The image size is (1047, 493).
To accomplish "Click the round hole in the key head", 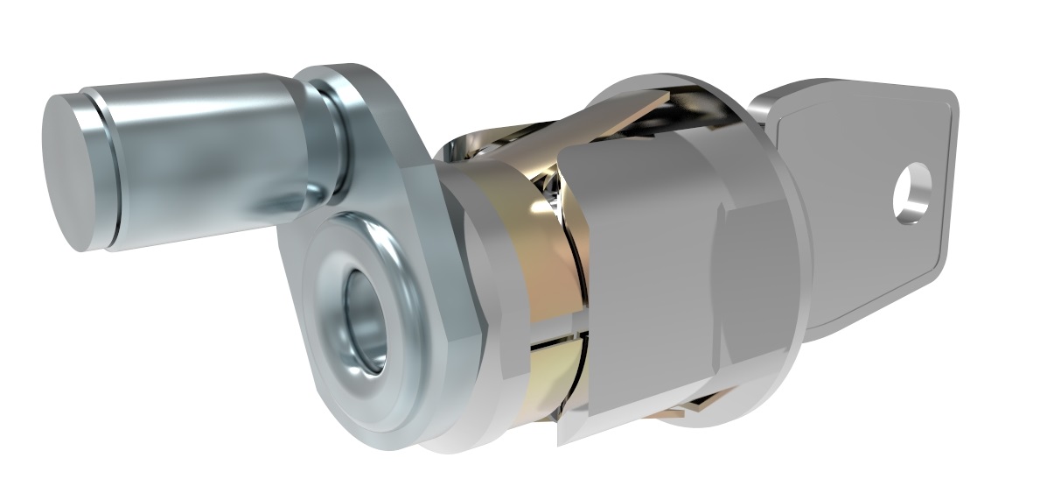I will click(x=911, y=192).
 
